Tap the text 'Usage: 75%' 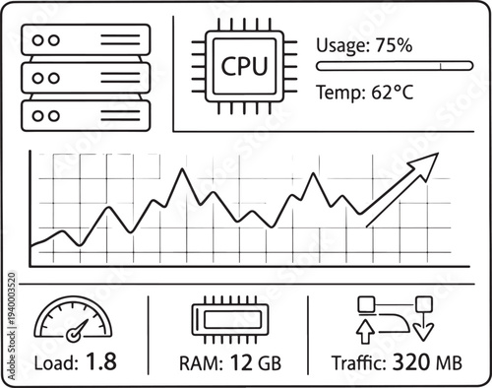click(x=364, y=44)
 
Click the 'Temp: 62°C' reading click(x=365, y=94)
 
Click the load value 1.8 click(x=100, y=362)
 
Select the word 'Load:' click(x=55, y=363)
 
